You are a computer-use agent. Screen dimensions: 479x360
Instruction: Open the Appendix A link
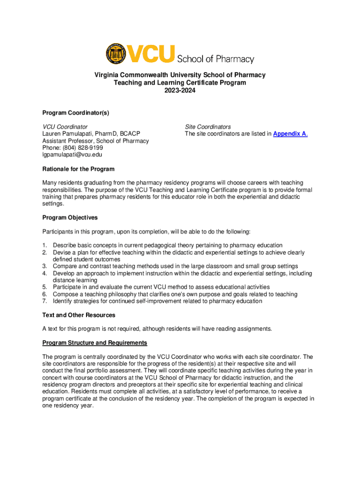pyautogui.click(x=289, y=134)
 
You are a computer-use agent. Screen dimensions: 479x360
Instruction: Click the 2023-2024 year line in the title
pyautogui.click(x=180, y=90)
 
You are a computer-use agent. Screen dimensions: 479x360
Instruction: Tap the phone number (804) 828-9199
pyautogui.click(x=82, y=148)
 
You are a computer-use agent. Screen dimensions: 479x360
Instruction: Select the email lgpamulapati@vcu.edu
pyautogui.click(x=72, y=155)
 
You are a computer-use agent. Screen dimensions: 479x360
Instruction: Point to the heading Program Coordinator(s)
pyautogui.click(x=75, y=113)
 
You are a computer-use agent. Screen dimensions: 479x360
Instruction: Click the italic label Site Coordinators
pyautogui.click(x=208, y=127)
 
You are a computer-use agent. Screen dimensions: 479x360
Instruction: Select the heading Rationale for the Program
pyautogui.click(x=78, y=169)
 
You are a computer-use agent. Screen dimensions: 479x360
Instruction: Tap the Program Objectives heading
pyautogui.click(x=70, y=218)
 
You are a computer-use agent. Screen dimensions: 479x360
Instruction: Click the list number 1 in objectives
pyautogui.click(x=44, y=245)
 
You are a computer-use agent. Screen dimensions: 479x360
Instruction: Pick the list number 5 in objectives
pyautogui.click(x=44, y=287)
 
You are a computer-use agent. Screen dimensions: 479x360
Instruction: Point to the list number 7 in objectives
pyautogui.click(x=44, y=301)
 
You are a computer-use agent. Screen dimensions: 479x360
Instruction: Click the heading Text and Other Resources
pyautogui.click(x=79, y=315)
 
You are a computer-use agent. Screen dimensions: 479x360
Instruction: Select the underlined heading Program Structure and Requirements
pyautogui.click(x=94, y=343)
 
